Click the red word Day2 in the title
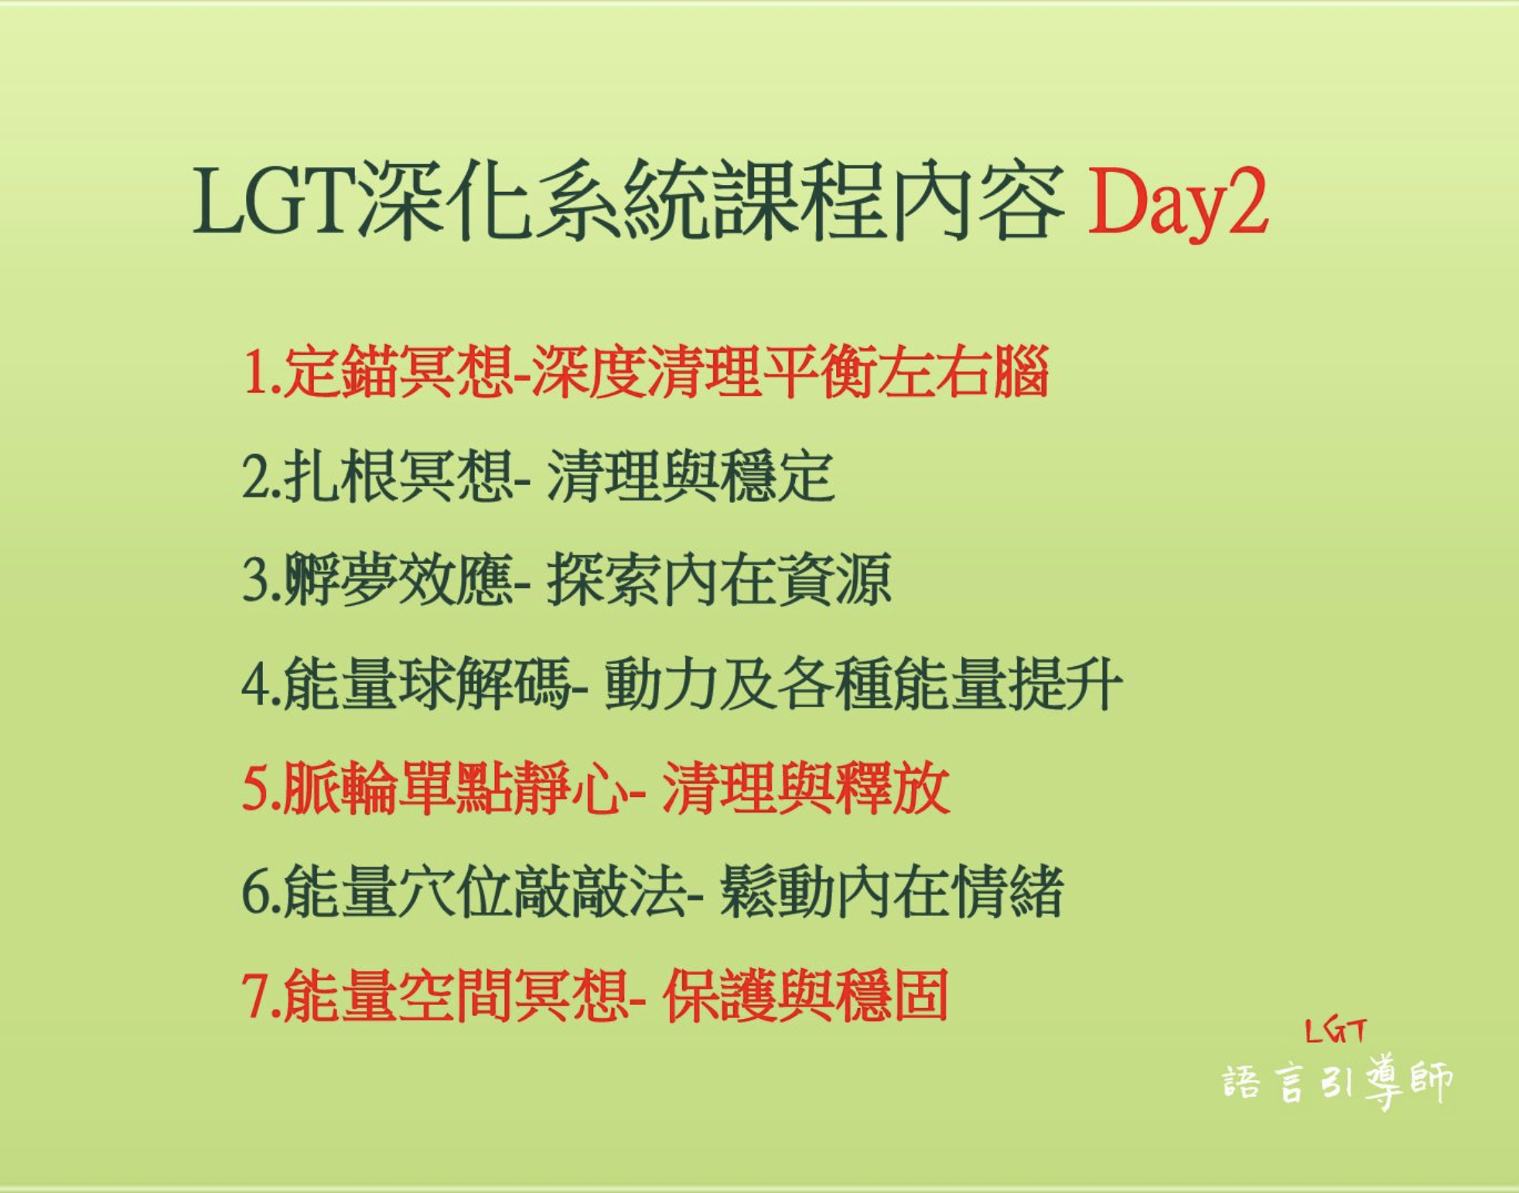[x=1178, y=203]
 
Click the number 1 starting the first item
[x=254, y=372]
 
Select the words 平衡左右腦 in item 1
[x=905, y=372]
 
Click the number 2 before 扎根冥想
[x=255, y=477]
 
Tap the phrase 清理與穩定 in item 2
[x=691, y=476]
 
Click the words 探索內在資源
[x=719, y=579]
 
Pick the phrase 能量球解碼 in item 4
[x=426, y=684]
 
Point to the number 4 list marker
[x=255, y=685]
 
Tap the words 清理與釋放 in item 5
[x=805, y=788]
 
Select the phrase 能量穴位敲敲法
[x=483, y=892]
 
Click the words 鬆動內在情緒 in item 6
[x=891, y=892]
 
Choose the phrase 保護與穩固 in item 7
[x=805, y=996]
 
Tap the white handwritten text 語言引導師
[x=1337, y=1082]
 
